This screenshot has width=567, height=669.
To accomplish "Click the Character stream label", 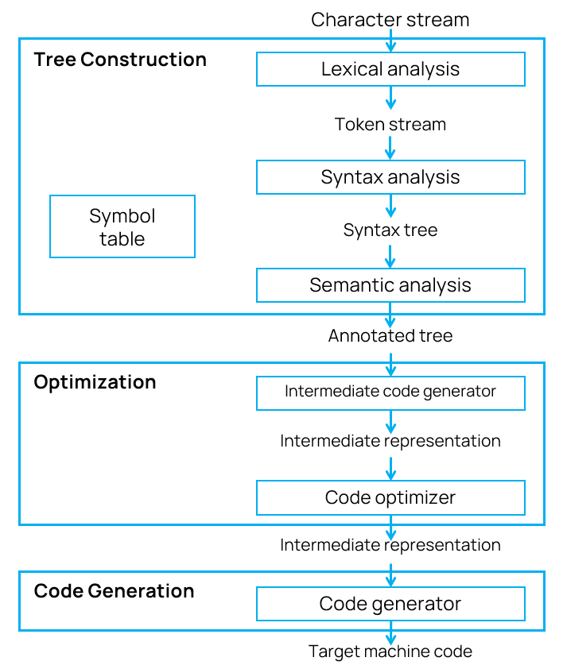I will (x=390, y=20).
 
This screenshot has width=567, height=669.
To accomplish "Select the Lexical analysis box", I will (x=390, y=69).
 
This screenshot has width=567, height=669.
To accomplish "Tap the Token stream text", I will (x=390, y=124).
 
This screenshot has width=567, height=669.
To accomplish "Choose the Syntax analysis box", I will (x=390, y=177).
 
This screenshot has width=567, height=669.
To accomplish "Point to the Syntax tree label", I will (x=390, y=230).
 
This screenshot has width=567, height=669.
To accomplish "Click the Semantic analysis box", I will (x=390, y=285).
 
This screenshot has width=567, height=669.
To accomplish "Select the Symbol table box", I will (x=122, y=226).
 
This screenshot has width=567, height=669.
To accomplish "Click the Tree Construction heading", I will (x=120, y=60).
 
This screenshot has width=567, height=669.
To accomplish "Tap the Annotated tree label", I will (x=390, y=336).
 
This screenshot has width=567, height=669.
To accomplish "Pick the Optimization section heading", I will (x=95, y=382).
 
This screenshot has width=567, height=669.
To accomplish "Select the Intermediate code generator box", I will (x=390, y=392).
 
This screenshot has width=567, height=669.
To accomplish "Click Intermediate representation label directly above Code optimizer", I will (x=390, y=441).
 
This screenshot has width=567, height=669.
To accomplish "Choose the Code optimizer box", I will (x=390, y=498).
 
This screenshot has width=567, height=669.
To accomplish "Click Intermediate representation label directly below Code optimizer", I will (x=390, y=545).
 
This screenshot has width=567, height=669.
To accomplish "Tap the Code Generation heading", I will (x=114, y=591).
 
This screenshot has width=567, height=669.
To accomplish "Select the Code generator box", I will (x=390, y=604).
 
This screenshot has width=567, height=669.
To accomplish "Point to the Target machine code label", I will (x=390, y=652).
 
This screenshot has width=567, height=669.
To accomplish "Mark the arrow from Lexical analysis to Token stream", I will (x=390, y=99).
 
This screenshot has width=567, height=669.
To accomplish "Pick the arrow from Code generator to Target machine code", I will (x=390, y=632).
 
